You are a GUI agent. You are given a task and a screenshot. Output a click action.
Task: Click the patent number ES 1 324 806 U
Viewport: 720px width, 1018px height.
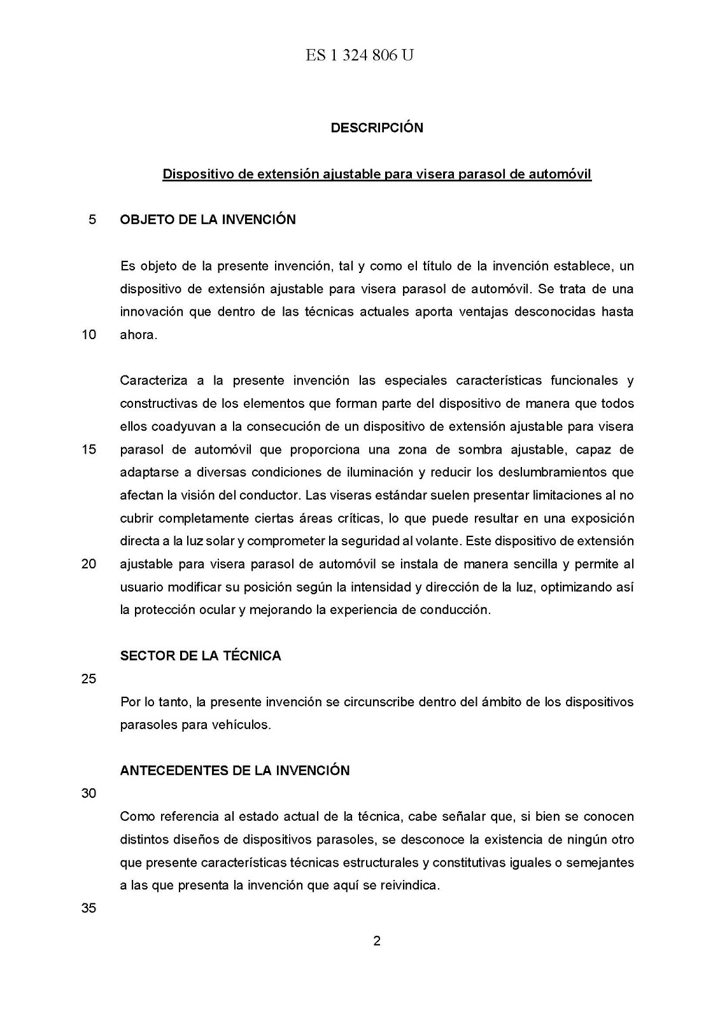pyautogui.click(x=360, y=56)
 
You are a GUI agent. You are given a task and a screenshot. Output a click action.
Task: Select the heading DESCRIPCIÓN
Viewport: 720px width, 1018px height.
pyautogui.click(x=377, y=128)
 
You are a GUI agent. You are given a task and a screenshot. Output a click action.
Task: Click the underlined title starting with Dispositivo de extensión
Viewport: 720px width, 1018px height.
pyautogui.click(x=377, y=174)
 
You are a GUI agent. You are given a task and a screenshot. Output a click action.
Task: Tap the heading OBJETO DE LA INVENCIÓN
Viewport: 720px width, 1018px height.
pyautogui.click(x=208, y=220)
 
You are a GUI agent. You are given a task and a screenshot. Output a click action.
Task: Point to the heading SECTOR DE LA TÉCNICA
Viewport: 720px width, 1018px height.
pyautogui.click(x=201, y=656)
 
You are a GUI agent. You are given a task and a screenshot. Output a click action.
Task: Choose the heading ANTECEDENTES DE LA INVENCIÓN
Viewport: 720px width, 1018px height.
pyautogui.click(x=235, y=770)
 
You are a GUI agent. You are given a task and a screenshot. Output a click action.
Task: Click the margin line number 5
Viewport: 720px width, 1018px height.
pyautogui.click(x=92, y=220)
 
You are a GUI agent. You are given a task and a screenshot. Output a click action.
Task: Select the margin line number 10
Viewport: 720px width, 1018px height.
pyautogui.click(x=88, y=335)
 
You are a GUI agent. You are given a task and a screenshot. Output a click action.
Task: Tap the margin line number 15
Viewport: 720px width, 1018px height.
pyautogui.click(x=88, y=449)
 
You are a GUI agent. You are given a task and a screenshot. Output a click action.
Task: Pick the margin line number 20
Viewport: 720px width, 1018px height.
pyautogui.click(x=88, y=564)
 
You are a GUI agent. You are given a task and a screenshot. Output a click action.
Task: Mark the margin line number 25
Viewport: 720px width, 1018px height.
pyautogui.click(x=88, y=679)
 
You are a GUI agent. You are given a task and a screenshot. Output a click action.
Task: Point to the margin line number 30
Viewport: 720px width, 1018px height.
pyautogui.click(x=88, y=793)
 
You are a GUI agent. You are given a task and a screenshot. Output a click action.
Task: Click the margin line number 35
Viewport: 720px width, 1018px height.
pyautogui.click(x=88, y=909)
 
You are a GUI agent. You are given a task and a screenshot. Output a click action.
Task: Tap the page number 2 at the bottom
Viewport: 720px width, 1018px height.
pyautogui.click(x=377, y=941)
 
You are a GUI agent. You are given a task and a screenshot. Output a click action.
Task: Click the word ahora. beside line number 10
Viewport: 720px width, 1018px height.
pyautogui.click(x=138, y=335)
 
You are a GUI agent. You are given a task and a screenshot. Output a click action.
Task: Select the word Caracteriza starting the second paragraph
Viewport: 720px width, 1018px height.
pyautogui.click(x=153, y=380)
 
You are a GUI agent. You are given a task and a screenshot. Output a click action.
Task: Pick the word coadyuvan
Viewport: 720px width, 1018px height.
pyautogui.click(x=182, y=426)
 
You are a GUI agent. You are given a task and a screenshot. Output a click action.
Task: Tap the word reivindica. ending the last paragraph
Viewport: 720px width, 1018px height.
pyautogui.click(x=411, y=885)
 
